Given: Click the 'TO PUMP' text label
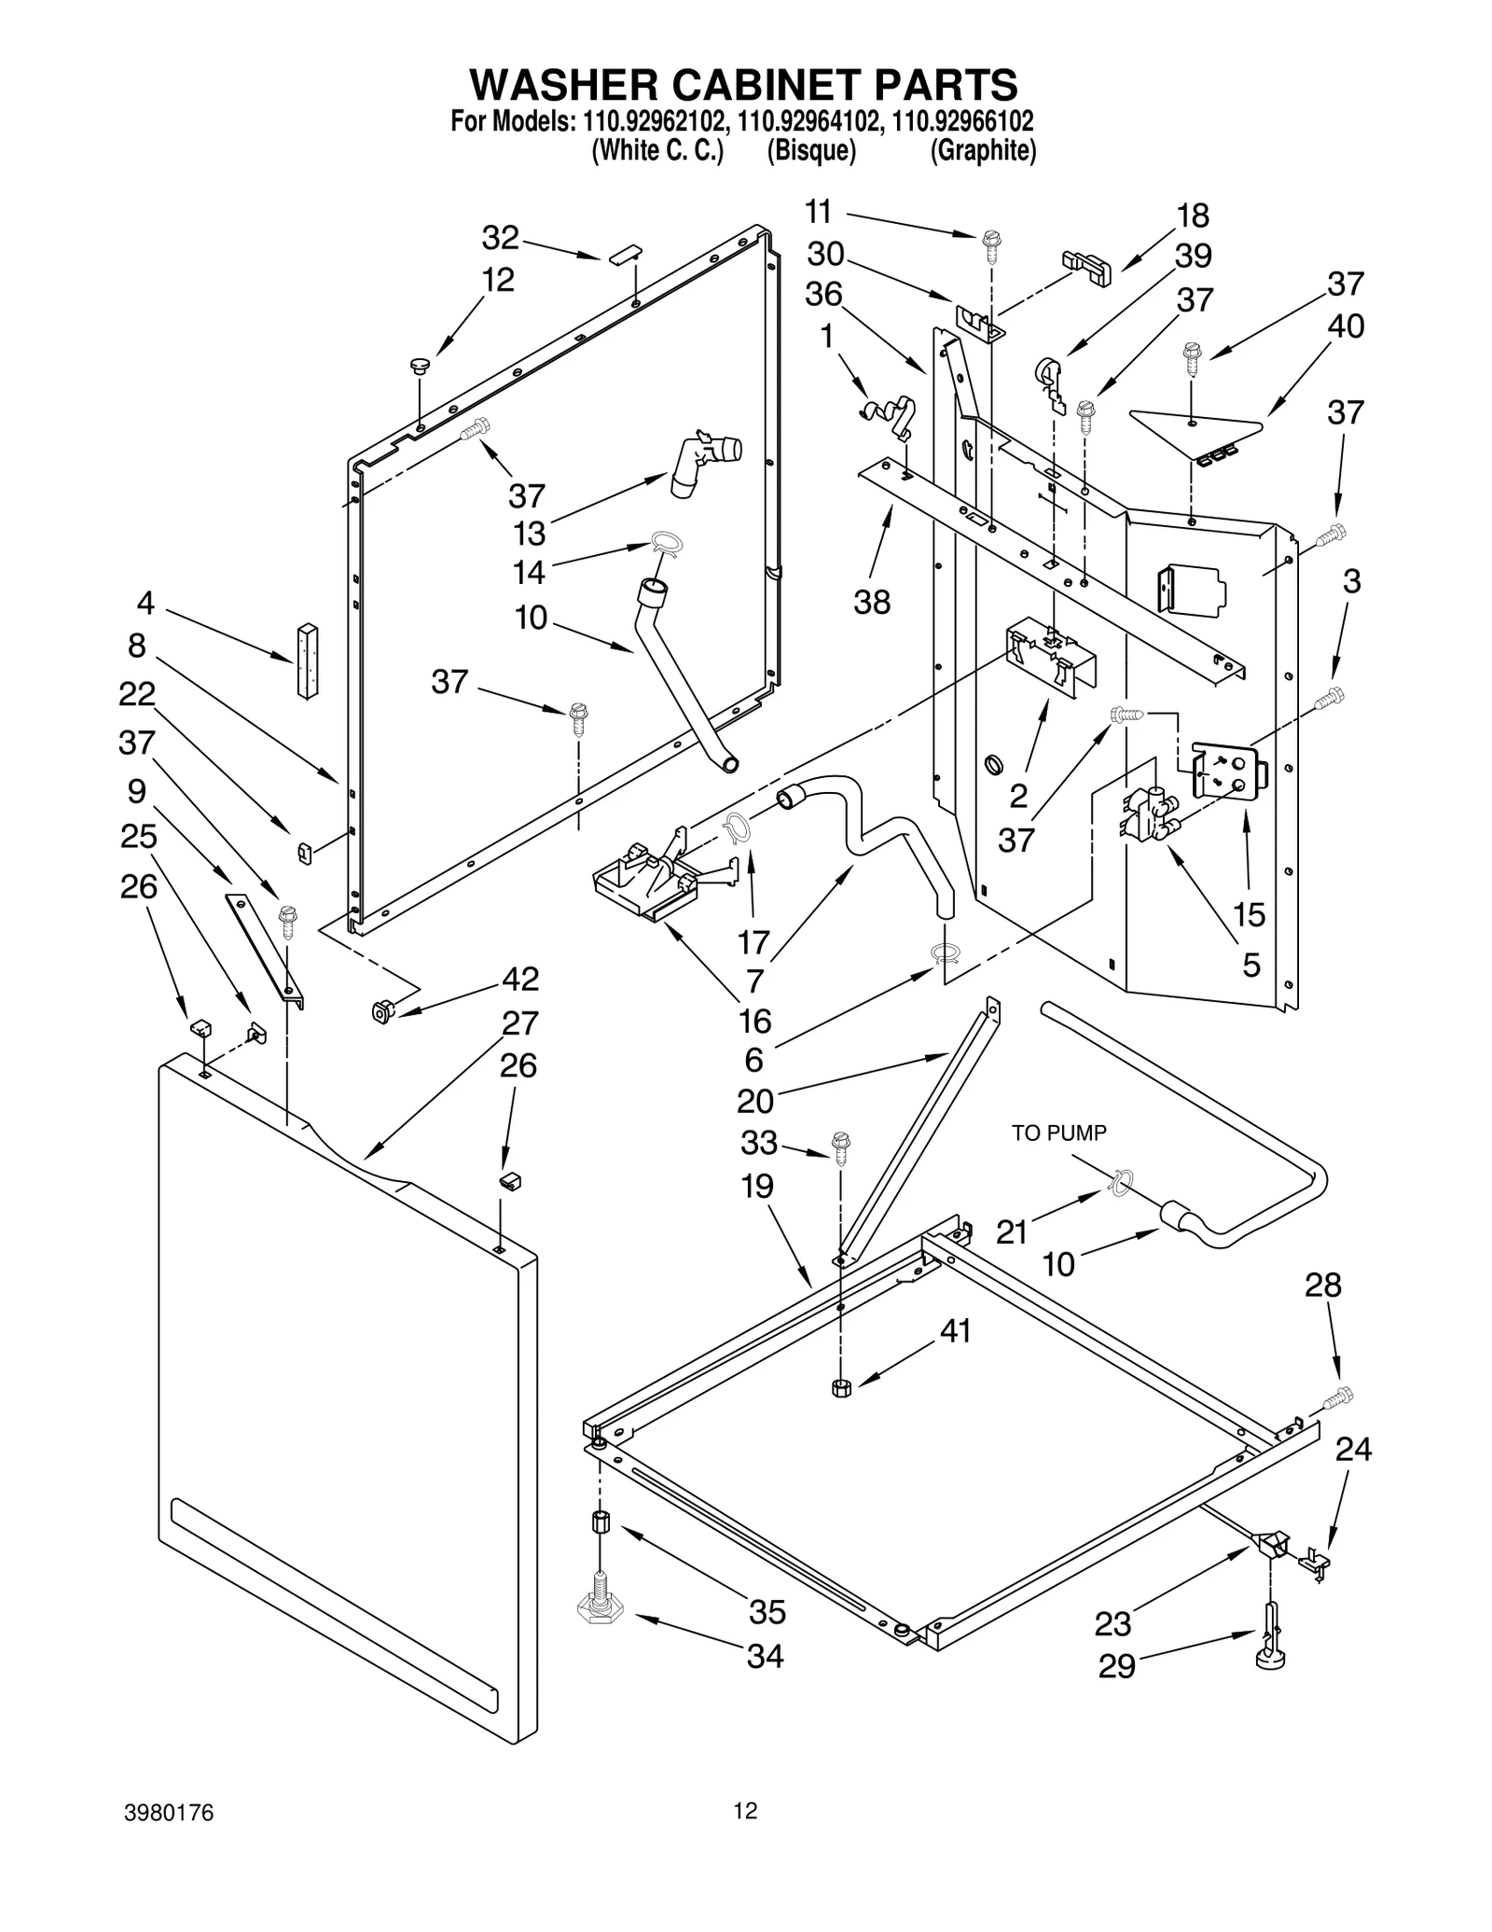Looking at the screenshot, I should [x=1058, y=1133].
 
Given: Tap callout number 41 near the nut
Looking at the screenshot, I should [x=955, y=1330].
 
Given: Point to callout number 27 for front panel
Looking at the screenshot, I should [x=519, y=1023].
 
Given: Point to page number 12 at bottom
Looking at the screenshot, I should [x=744, y=1811].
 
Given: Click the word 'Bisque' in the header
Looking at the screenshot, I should [x=810, y=151].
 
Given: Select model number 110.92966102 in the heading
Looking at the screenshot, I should [x=962, y=122].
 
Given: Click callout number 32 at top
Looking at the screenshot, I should [x=500, y=238].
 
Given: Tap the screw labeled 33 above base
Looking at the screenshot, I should [x=840, y=1147].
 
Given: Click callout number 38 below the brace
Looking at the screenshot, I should [x=872, y=602].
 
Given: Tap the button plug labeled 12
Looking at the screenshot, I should [x=419, y=365].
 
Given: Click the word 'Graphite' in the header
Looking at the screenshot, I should [x=983, y=151].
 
